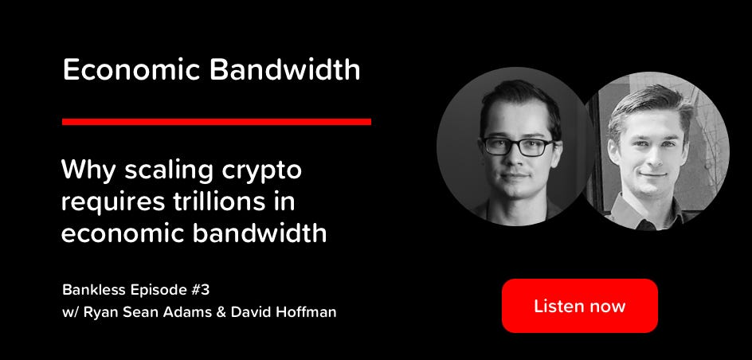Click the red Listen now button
click(579, 305)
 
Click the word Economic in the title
click(131, 70)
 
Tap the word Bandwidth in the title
click(284, 70)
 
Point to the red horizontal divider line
click(217, 121)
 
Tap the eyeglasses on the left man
click(518, 147)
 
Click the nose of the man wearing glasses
click(518, 162)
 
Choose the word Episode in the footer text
click(154, 291)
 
